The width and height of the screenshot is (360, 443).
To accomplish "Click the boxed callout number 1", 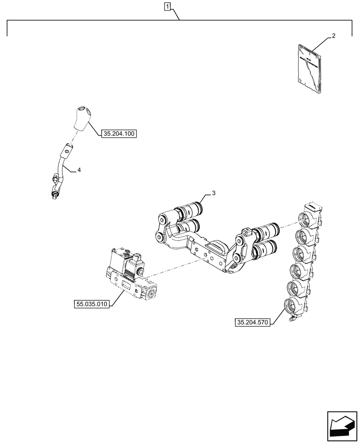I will point(167,6).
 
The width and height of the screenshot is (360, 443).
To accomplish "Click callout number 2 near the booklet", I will point(333,36).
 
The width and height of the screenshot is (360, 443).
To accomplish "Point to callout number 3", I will point(213,193).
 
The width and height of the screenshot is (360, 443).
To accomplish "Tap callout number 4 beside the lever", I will point(79,170).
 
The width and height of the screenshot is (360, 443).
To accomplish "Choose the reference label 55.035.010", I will point(92,304).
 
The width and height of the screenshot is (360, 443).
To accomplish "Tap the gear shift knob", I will point(83,118).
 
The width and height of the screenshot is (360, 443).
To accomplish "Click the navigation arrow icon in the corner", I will point(341,424).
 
